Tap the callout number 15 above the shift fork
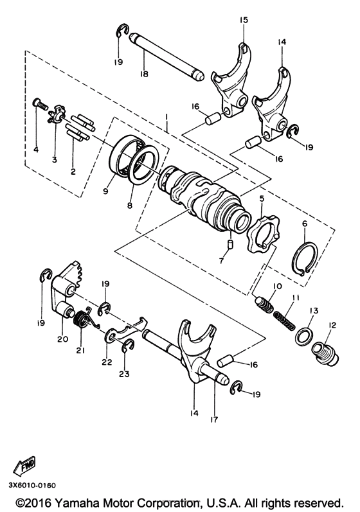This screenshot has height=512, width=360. (x=243, y=21)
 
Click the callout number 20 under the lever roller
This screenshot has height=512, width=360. (x=62, y=339)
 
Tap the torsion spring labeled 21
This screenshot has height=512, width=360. (x=82, y=319)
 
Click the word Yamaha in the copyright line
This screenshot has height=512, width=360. (x=79, y=502)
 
